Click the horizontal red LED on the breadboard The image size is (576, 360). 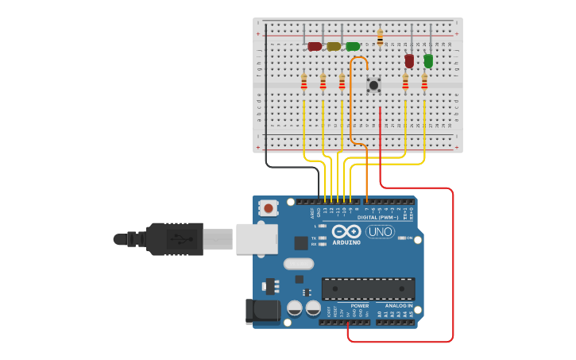[x=315, y=46]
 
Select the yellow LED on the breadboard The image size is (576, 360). [x=334, y=46]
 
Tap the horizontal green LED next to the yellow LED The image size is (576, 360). [x=353, y=46]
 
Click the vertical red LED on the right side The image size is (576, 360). [x=409, y=60]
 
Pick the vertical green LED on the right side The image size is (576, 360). [x=428, y=60]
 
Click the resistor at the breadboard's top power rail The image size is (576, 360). [x=380, y=37]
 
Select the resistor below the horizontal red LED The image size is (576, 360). [x=303, y=82]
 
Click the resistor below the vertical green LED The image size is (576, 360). [x=424, y=82]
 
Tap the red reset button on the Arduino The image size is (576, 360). [x=269, y=208]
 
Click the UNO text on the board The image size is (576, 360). [x=380, y=231]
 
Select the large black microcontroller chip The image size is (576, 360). [x=368, y=288]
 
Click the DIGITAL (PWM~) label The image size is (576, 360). [x=378, y=217]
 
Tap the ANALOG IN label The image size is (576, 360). [x=399, y=305]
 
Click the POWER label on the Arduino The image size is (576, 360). [x=359, y=305]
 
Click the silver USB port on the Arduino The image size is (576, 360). [x=257, y=238]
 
